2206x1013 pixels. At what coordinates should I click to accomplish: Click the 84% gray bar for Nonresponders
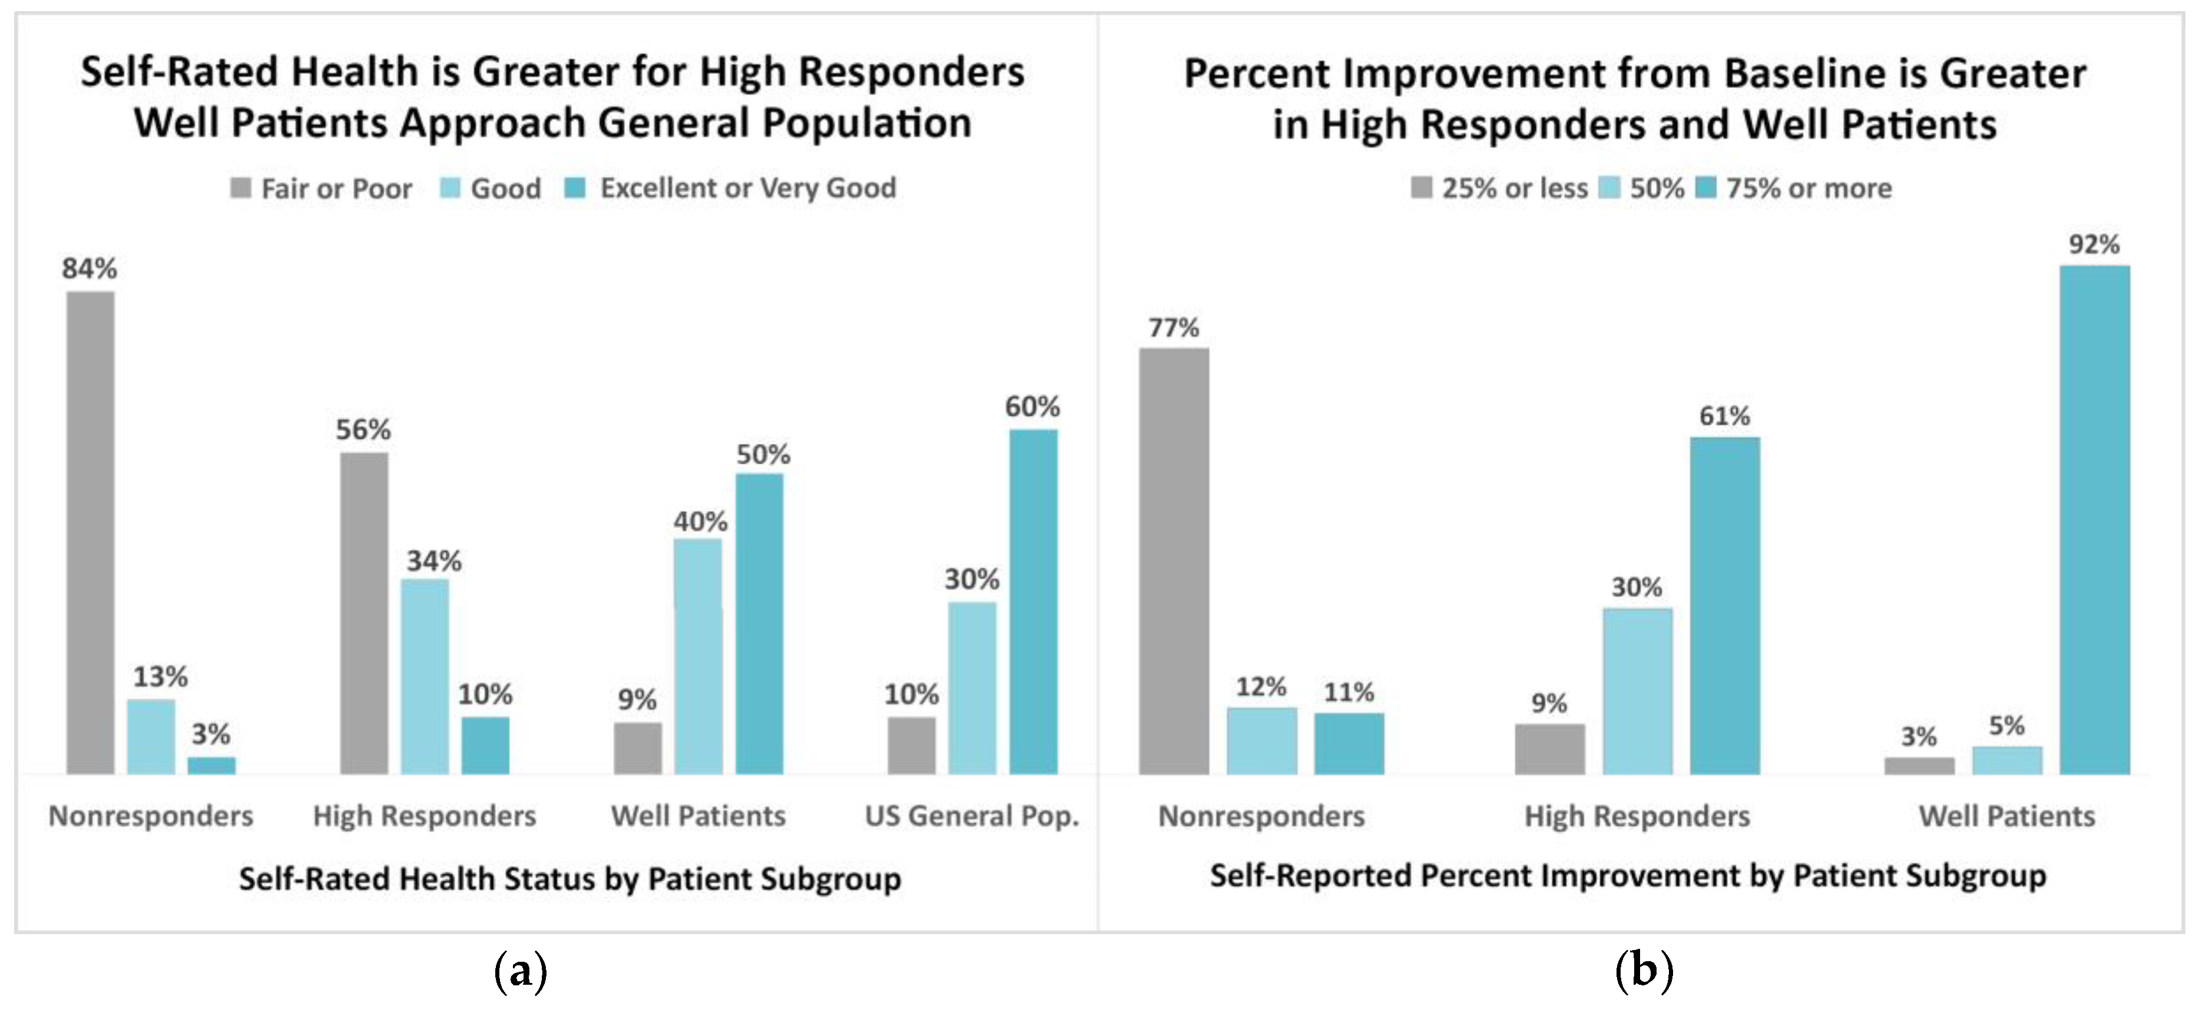point(90,533)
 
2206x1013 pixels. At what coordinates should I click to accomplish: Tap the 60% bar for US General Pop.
point(1033,602)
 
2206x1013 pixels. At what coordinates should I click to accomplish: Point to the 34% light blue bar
point(425,676)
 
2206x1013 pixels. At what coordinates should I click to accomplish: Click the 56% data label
point(363,430)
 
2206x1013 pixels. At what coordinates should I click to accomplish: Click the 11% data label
point(1349,692)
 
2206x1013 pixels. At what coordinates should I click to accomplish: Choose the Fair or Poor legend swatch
point(241,188)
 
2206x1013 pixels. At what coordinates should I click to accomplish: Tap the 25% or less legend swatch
point(1421,188)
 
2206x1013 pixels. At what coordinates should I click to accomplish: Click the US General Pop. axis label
point(971,816)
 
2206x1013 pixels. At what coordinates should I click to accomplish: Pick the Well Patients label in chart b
point(2006,816)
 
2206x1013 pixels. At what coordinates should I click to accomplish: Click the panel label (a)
point(520,972)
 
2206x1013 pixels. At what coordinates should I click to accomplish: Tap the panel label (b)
point(1642,972)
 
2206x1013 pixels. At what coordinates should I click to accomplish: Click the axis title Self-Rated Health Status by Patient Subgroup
point(569,879)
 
